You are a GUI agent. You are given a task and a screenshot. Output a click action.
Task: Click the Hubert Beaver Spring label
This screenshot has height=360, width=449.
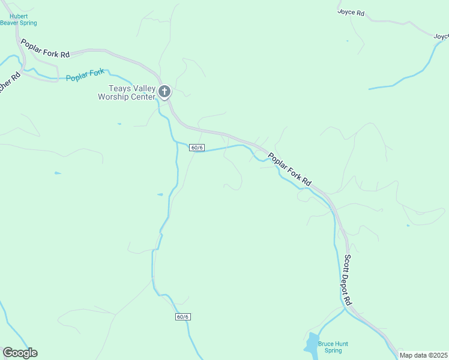(x=19, y=20)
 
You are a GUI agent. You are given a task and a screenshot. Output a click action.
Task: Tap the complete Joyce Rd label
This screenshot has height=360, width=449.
(x=351, y=12)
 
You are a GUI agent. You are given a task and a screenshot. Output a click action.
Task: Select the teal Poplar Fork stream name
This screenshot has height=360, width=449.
(x=85, y=76)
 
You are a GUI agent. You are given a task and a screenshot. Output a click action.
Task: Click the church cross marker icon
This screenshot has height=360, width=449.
(x=164, y=92)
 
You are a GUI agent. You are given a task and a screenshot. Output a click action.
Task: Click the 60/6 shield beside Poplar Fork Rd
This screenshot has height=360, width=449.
(x=197, y=148)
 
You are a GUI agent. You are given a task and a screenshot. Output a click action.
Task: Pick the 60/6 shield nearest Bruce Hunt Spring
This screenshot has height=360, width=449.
(x=183, y=317)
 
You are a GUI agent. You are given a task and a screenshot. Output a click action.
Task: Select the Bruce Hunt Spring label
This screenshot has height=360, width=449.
(x=333, y=347)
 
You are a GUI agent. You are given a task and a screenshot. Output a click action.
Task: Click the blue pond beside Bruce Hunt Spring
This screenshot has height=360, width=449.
(x=311, y=345)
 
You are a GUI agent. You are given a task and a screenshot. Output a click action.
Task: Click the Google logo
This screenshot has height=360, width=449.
(x=20, y=353)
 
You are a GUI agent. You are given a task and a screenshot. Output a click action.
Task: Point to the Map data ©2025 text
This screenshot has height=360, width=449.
(x=423, y=355)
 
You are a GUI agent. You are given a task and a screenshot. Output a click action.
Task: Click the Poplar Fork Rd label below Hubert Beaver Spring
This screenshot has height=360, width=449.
(x=45, y=49)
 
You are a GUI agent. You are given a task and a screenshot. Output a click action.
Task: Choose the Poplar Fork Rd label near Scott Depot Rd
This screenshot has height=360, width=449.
(x=290, y=169)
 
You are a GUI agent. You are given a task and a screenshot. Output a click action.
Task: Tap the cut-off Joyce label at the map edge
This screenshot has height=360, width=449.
(x=441, y=37)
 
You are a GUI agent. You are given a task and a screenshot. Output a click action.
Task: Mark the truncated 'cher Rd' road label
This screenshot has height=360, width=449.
(x=10, y=83)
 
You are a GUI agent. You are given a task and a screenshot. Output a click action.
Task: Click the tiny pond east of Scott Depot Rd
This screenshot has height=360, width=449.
(x=408, y=226)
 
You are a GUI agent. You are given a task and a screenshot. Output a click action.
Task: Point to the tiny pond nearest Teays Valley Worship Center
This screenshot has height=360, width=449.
(x=119, y=124)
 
